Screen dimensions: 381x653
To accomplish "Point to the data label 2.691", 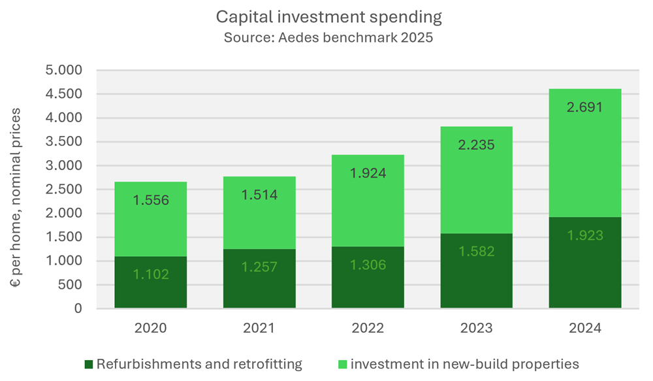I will tap(584, 108).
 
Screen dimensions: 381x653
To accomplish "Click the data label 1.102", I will tap(151, 274).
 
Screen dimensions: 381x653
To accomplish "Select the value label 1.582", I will tap(476, 252).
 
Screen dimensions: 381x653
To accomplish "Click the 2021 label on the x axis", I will tap(259, 327).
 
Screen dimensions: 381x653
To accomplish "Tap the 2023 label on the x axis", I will tap(476, 327).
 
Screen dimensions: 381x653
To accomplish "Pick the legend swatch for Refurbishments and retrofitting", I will tap(89, 364).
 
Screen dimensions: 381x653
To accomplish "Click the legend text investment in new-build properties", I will tap(464, 364).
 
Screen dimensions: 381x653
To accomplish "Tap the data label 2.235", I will tap(476, 145).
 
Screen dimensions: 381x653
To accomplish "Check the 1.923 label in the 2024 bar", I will tap(584, 235).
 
